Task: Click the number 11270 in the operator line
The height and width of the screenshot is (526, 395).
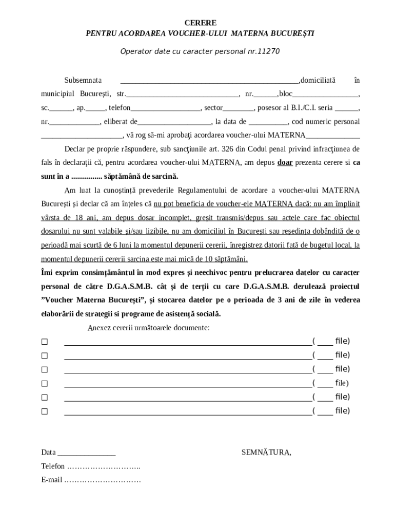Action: click(268, 51)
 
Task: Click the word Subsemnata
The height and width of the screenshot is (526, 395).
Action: click(83, 80)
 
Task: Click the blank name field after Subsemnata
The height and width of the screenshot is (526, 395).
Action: click(209, 81)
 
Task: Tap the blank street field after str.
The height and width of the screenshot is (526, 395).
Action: click(182, 95)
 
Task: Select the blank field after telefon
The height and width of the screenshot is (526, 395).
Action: click(166, 108)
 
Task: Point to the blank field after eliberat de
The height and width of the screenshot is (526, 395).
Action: click(174, 122)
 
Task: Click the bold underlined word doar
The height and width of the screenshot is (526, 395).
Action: click(285, 162)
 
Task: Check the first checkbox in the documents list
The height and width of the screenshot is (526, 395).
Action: click(44, 342)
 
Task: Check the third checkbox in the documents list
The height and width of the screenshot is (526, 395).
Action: click(44, 369)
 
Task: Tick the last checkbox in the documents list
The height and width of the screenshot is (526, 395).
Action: click(44, 411)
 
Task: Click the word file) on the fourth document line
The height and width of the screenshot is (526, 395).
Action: click(342, 383)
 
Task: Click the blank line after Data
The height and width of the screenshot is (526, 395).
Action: click(86, 453)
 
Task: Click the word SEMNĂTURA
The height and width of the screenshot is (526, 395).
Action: click(266, 453)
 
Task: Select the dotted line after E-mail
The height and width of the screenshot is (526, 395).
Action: click(102, 480)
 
